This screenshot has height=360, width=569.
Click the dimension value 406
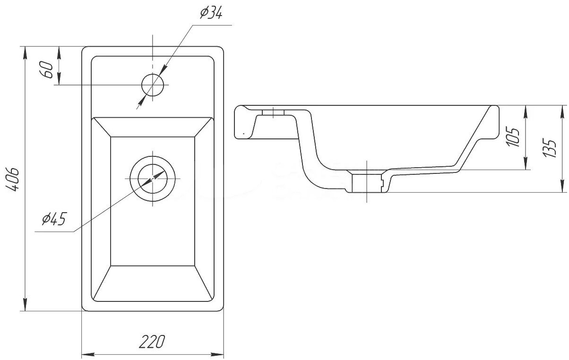click(x=12, y=179)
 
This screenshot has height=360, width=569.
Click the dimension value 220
click(x=152, y=342)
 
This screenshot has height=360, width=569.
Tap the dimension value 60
click(x=46, y=69)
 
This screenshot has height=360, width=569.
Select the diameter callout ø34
click(x=211, y=13)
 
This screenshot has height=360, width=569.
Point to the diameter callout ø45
click(x=54, y=219)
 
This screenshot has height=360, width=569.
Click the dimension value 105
click(x=512, y=137)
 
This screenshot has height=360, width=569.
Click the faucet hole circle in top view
click(x=152, y=85)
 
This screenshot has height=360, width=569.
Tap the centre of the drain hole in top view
click(x=153, y=179)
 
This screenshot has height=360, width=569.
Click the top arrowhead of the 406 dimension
click(x=25, y=53)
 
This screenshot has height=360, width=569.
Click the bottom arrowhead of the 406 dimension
click(x=25, y=304)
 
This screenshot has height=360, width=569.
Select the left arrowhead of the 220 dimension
click(x=88, y=354)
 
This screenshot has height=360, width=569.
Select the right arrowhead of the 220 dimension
click(x=217, y=354)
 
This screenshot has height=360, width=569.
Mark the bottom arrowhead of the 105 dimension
click(x=526, y=163)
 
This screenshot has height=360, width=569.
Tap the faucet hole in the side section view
click(x=273, y=112)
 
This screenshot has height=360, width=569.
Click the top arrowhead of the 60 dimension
click(x=59, y=53)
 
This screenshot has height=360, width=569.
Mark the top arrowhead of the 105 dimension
click(x=526, y=112)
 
